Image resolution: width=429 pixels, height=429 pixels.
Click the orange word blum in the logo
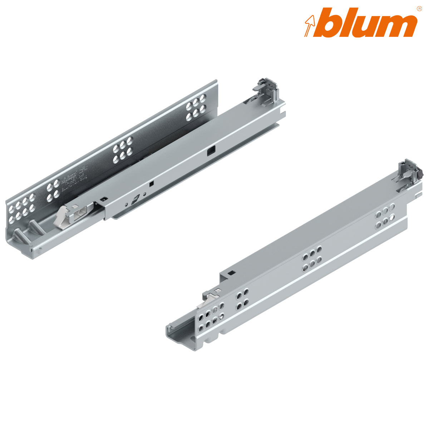[x=368, y=24]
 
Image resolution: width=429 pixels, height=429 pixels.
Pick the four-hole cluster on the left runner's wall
[x=53, y=189]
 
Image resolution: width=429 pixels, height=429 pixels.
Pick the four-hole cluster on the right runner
[x=242, y=299]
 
